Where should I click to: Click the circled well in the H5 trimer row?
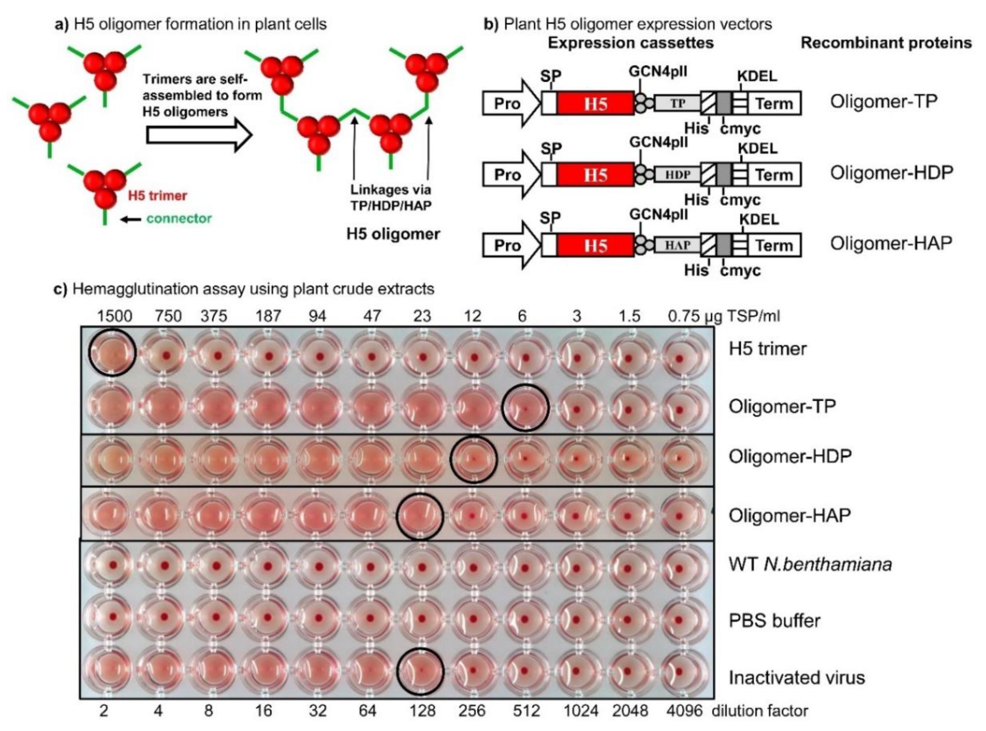coord(112,353)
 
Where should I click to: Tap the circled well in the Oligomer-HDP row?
coord(474,459)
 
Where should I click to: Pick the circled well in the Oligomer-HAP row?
coord(419,516)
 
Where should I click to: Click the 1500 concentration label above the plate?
coord(115,316)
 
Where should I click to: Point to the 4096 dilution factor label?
coord(684,711)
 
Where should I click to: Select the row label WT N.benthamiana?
coord(810,565)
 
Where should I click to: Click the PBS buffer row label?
coord(774,621)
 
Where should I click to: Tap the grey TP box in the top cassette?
coord(677,104)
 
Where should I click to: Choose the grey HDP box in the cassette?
coord(677,175)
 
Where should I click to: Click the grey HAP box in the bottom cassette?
coord(677,245)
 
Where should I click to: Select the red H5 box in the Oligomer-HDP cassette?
coord(595,175)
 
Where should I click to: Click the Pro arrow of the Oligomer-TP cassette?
coord(509,104)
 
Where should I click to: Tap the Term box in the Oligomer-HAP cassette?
coord(774,245)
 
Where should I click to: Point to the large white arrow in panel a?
coord(199,135)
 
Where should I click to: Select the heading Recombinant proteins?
coord(886,43)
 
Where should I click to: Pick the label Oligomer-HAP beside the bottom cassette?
coord(891,243)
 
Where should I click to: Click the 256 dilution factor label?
coord(472,711)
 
